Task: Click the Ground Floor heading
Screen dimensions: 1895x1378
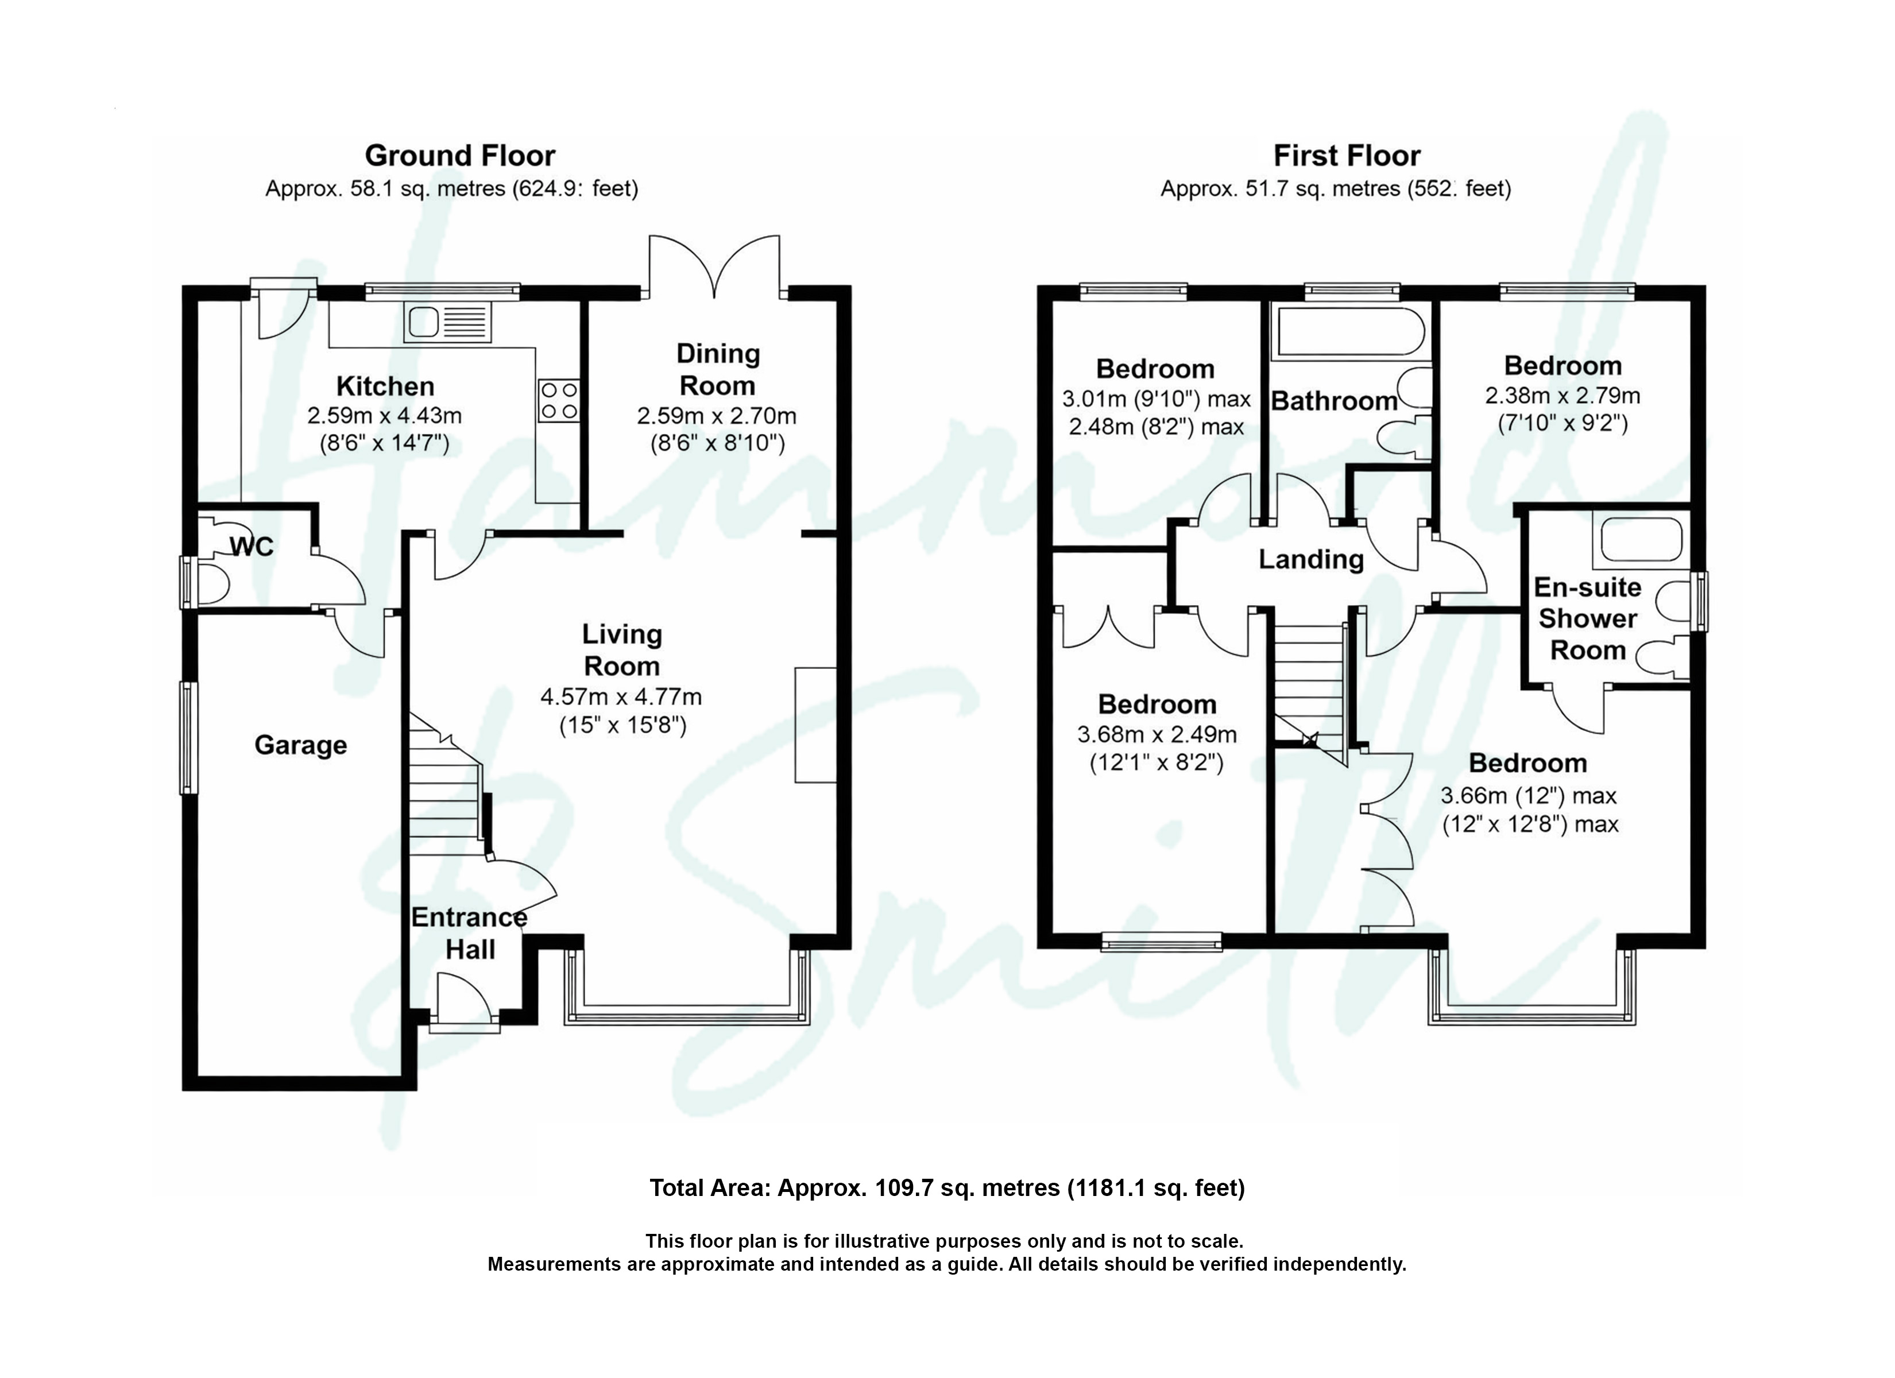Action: [x=459, y=156]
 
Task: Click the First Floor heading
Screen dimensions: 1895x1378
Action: [x=1346, y=156]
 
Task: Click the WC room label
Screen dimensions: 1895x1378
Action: [x=252, y=547]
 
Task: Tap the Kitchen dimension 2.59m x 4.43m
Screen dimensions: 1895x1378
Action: [x=384, y=415]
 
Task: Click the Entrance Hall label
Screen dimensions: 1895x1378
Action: [x=470, y=934]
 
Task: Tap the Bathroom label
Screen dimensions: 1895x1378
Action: [x=1335, y=401]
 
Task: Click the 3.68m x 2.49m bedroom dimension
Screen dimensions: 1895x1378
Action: [x=1157, y=734]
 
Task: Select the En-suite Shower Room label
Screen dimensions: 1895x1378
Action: [x=1588, y=618]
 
